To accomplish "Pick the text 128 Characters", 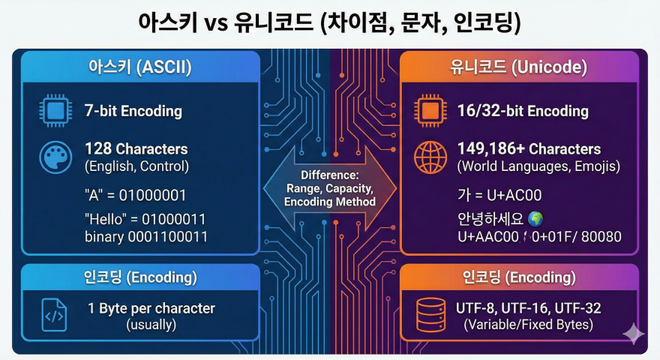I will point(136,148).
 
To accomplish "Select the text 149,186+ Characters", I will point(528,148).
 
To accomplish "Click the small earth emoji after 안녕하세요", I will point(535,219).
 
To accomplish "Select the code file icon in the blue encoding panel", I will point(54,316).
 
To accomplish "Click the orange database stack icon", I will point(429,316).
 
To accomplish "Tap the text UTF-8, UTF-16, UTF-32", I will point(528,308).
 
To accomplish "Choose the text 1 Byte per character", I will point(151,308).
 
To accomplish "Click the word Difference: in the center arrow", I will point(330,175).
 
